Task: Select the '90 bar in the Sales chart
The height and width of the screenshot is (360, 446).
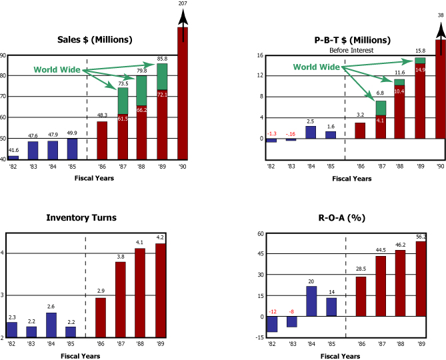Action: pos(183,93)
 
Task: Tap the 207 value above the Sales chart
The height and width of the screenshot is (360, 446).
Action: pos(183,4)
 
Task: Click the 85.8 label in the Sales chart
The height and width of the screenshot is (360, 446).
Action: pos(162,59)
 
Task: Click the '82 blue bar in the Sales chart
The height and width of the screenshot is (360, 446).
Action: pos(13,157)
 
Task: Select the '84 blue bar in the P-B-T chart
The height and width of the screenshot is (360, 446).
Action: pos(311,132)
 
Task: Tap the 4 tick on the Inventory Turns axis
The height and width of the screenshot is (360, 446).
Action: pos(3,253)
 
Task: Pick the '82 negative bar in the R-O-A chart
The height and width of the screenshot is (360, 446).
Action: pos(271,323)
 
